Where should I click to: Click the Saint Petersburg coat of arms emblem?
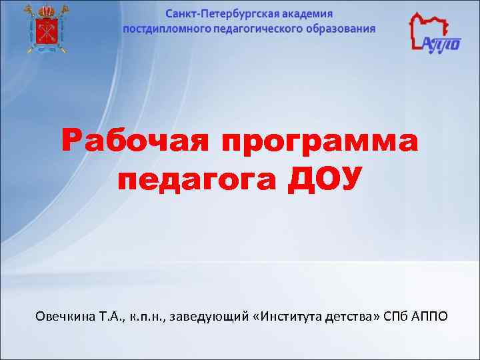pyautogui.click(x=45, y=28)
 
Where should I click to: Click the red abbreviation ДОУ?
pyautogui.click(x=325, y=179)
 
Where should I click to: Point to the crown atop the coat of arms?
pyautogui.click(x=45, y=9)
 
